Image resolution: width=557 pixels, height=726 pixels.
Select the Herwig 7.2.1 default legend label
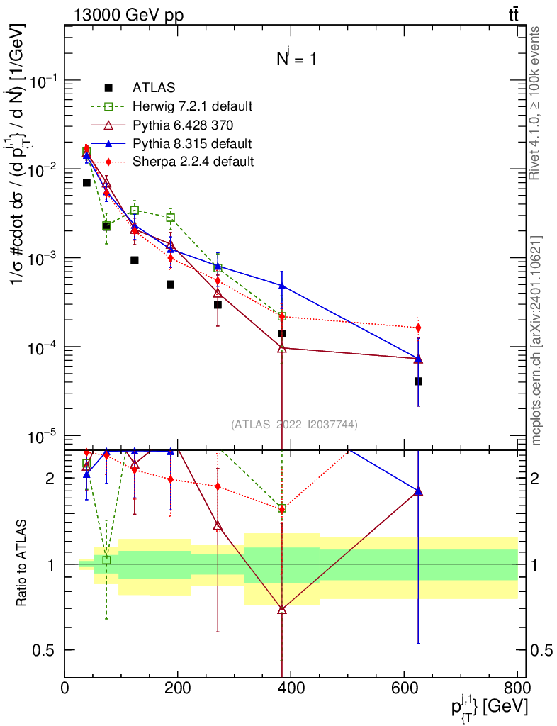193,106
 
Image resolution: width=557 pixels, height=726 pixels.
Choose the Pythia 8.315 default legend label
193,143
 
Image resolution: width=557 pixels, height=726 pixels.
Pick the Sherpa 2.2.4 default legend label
193,162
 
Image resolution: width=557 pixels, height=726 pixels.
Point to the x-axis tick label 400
291,688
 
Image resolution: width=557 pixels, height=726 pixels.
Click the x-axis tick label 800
516,688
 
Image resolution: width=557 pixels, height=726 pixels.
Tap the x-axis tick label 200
177,688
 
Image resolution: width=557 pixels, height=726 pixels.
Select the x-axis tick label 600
403,688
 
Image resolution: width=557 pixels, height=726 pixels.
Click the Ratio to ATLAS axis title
21,564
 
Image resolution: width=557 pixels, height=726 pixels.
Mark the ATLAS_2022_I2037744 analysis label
294,425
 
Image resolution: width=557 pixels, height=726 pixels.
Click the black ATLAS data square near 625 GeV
418,381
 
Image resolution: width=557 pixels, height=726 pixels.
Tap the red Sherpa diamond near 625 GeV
418,328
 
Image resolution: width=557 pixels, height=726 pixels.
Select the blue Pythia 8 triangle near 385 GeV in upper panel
282,286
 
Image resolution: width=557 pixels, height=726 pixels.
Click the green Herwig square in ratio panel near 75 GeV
106,560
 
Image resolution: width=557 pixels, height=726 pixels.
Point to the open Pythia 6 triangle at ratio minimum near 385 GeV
282,609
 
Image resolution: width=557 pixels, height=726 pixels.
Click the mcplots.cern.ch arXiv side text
536,340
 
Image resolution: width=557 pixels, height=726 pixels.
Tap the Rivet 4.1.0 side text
536,103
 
